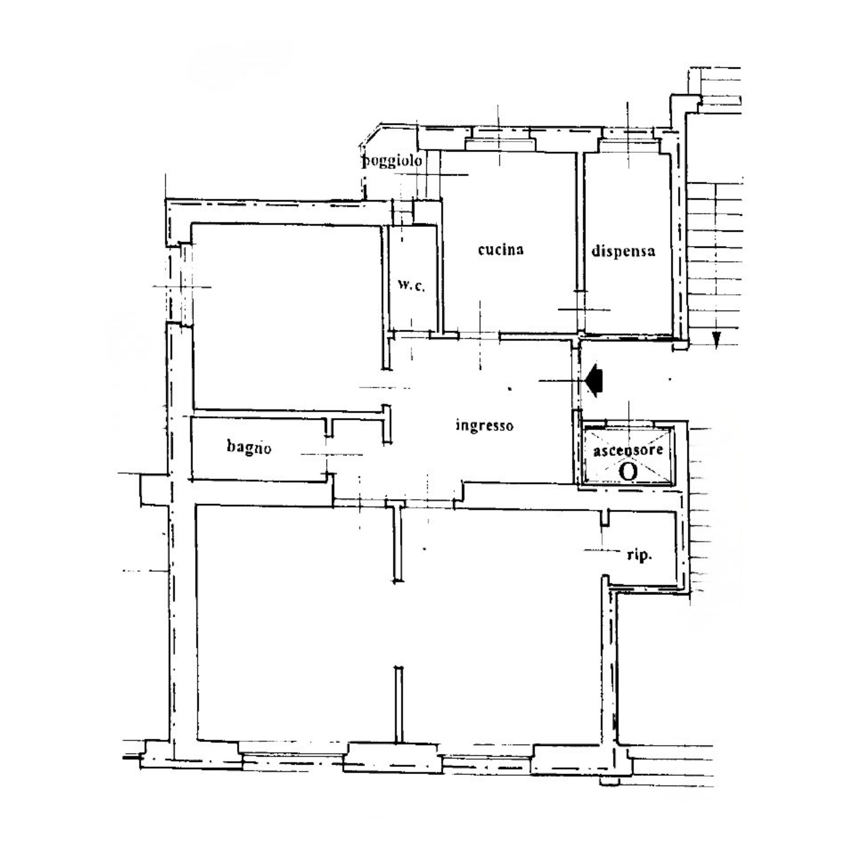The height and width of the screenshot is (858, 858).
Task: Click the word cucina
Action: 500,250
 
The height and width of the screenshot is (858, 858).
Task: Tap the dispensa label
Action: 623,251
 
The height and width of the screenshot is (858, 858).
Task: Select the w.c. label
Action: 411,286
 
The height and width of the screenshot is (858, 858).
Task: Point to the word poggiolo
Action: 392,161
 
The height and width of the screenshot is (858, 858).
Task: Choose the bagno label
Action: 249,447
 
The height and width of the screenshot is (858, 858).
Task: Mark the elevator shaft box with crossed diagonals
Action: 628,455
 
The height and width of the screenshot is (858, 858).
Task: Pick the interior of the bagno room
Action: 258,448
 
